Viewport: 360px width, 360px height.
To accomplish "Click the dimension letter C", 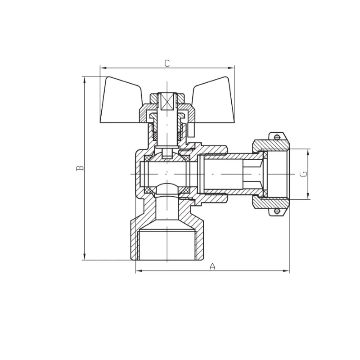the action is [x=167, y=63].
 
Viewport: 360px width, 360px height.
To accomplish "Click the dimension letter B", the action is [x=80, y=168].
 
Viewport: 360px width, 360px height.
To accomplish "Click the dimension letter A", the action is [x=212, y=266].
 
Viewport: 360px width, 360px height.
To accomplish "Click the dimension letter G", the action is [x=303, y=174].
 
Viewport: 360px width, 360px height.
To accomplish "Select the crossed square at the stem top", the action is [x=167, y=101].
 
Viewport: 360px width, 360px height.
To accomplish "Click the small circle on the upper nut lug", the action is [x=277, y=138].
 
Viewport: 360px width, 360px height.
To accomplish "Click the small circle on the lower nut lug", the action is [x=277, y=211].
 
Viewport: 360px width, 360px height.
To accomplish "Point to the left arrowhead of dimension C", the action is [x=103, y=68].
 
